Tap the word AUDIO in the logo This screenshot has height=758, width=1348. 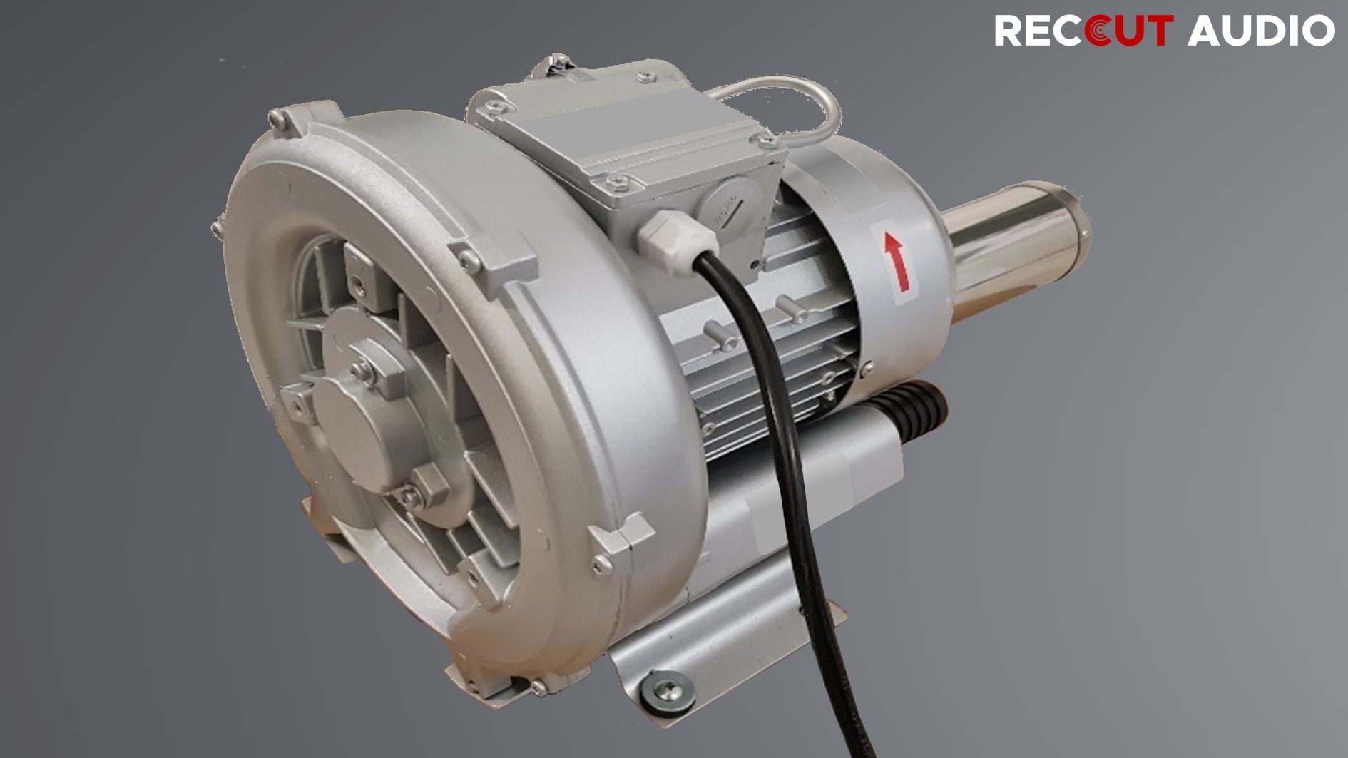(1261, 31)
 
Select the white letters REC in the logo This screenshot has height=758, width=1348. (1040, 31)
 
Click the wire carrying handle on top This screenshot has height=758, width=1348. (785, 104)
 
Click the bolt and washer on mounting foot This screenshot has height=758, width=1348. (668, 690)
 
